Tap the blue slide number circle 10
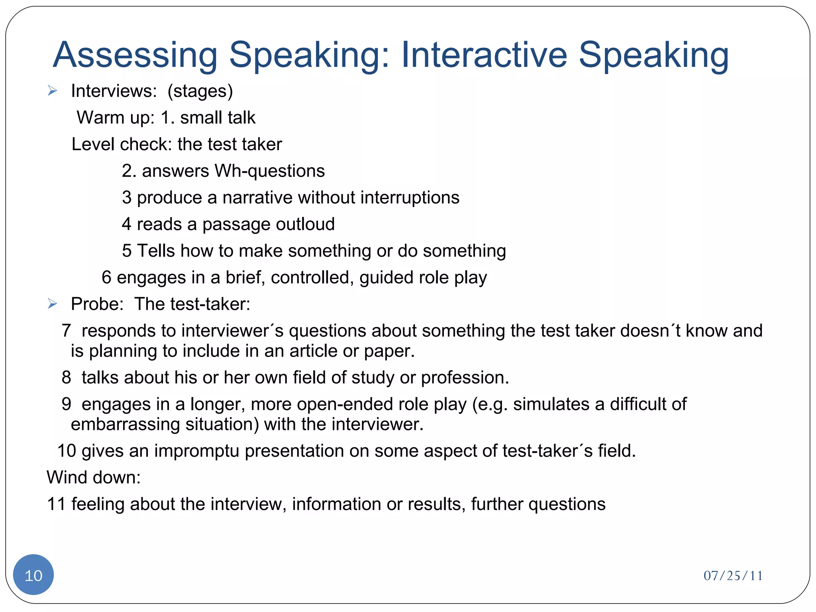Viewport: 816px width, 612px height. [x=33, y=575]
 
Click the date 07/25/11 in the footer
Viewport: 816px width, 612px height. [x=733, y=576]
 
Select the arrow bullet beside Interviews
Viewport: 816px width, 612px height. [x=52, y=91]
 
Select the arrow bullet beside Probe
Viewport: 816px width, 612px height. [x=52, y=304]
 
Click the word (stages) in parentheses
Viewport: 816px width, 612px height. [x=200, y=91]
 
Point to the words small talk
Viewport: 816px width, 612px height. [x=218, y=118]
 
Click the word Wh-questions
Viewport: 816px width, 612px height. [x=269, y=171]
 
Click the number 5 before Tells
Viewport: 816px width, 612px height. [x=127, y=251]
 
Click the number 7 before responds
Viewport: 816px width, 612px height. [x=67, y=331]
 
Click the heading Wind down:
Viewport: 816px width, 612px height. [x=94, y=477]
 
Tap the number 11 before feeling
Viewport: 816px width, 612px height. [x=56, y=504]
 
